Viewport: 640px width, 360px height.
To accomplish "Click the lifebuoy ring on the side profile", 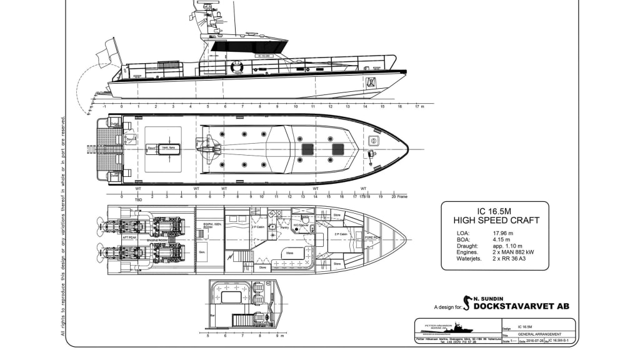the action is [237, 66].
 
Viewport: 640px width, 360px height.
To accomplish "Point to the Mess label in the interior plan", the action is [290, 253].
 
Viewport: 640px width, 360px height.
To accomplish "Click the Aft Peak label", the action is [129, 237].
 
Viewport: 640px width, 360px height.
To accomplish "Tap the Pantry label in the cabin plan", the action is [284, 228].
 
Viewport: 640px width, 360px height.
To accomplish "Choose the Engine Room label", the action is [159, 240].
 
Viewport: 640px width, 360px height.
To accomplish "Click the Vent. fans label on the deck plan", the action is [168, 148].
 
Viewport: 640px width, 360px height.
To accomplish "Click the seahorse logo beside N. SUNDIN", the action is [466, 302].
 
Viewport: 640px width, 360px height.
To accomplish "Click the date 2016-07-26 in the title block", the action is [534, 341].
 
